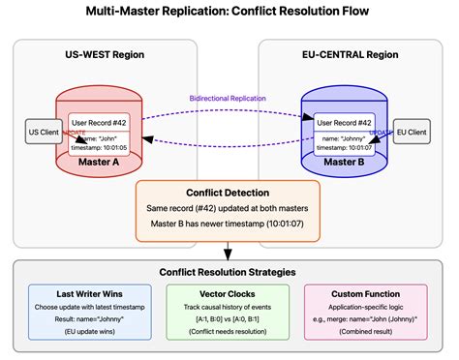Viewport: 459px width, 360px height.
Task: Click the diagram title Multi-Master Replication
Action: tap(229, 15)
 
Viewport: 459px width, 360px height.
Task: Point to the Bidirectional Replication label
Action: tap(229, 99)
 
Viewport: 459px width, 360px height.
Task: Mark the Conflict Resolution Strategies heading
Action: tap(229, 272)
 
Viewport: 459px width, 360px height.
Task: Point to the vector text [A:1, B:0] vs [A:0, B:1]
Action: tap(229, 318)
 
